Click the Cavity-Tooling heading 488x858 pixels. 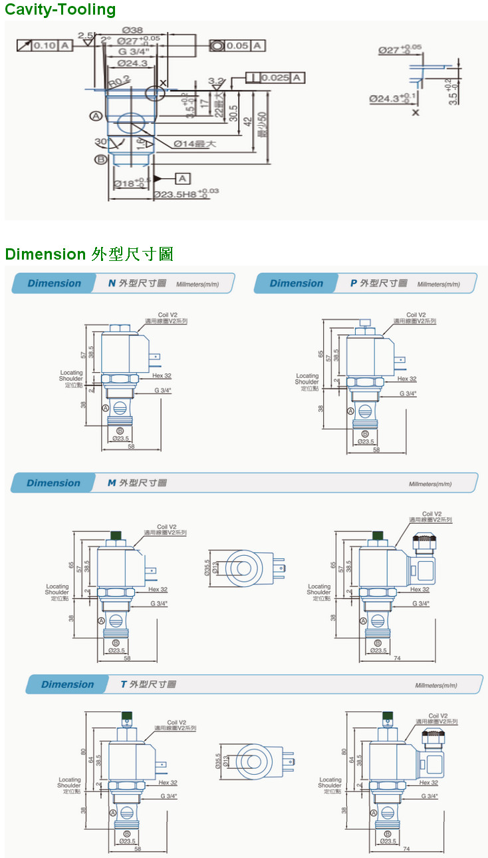(61, 9)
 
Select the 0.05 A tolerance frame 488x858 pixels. (237, 45)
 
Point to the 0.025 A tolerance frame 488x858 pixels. (276, 78)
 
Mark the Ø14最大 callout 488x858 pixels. (195, 143)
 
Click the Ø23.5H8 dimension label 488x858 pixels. (186, 194)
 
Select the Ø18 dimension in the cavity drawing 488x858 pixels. (128, 183)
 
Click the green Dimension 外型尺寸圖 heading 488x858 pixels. (89, 254)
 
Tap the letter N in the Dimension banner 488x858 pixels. (112, 284)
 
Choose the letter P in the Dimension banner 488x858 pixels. (354, 284)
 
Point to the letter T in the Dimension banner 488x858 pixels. (124, 684)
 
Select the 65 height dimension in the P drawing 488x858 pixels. (320, 354)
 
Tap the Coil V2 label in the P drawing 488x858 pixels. (416, 315)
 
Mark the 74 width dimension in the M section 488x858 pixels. (397, 658)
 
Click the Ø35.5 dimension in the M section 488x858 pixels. (207, 567)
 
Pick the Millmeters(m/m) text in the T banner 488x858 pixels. (436, 686)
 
